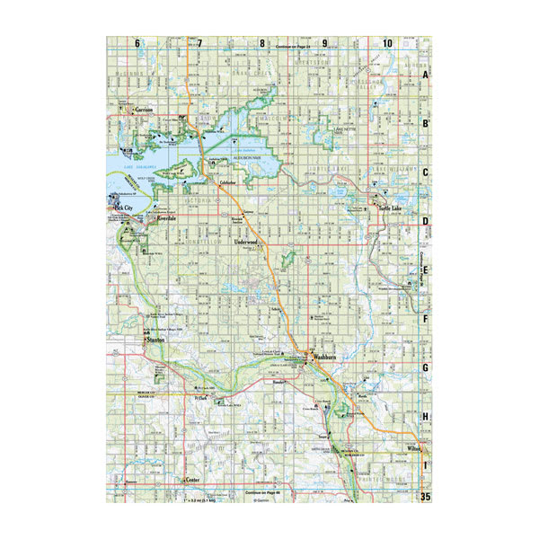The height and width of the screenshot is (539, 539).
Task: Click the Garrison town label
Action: coord(145,110)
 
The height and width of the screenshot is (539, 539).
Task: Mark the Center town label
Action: coord(191,481)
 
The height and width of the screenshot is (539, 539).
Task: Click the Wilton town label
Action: coord(413,446)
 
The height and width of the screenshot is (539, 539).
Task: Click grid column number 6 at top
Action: coord(137,43)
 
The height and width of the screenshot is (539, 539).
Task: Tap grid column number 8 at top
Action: coord(262,43)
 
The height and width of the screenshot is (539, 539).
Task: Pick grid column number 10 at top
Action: coord(386,43)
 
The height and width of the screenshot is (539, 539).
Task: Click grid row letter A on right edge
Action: coord(426,76)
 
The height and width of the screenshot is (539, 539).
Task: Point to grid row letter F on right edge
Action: coord(426,319)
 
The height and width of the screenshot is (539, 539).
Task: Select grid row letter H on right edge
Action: coord(426,417)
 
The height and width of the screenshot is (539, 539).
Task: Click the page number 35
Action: coord(426,495)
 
